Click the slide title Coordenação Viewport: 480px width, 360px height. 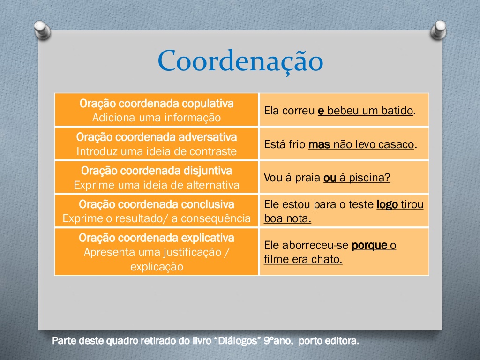(240, 61)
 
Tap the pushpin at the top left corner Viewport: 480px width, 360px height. (43, 30)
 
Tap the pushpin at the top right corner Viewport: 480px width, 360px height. (438, 30)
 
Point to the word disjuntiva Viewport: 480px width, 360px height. (208, 171)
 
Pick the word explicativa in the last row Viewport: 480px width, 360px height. (208, 238)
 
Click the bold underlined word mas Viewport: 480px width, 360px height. (319, 144)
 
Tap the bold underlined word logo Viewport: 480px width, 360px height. (387, 204)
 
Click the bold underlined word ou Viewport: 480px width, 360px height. (330, 178)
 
